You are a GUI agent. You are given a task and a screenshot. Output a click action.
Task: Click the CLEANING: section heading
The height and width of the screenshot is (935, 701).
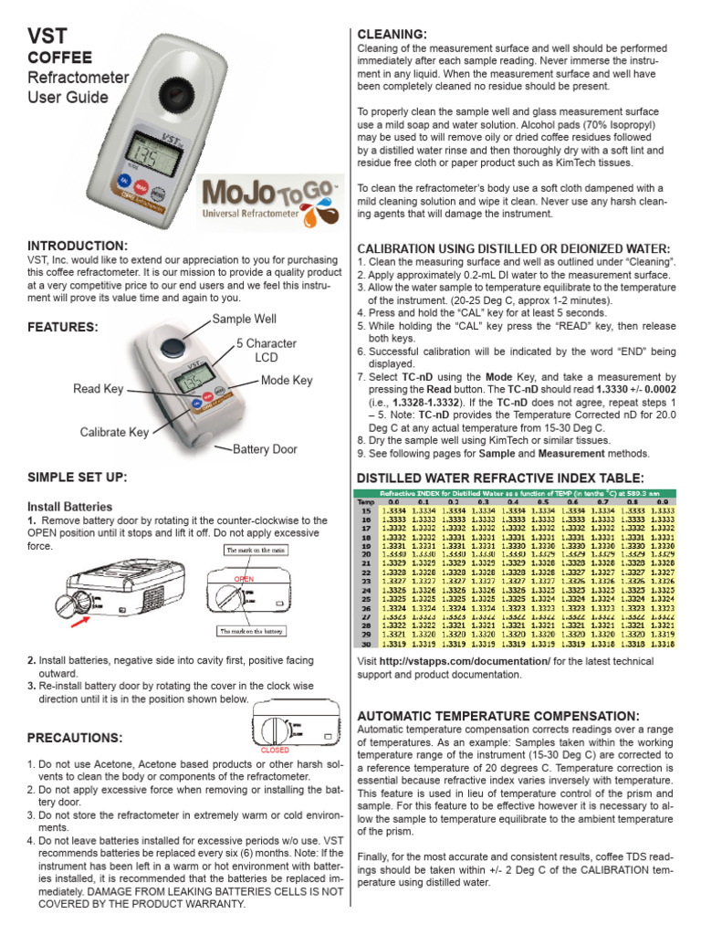point(392,35)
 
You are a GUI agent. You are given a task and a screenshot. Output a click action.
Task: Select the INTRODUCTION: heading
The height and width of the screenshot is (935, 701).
point(78,246)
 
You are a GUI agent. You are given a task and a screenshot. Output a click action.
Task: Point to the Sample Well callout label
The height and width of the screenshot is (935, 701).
point(244,319)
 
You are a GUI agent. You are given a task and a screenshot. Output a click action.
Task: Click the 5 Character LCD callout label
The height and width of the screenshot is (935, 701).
point(266,351)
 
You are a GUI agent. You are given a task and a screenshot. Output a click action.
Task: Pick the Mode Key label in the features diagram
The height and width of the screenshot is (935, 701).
point(287,380)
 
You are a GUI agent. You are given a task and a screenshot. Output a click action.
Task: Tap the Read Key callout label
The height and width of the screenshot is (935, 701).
point(99,389)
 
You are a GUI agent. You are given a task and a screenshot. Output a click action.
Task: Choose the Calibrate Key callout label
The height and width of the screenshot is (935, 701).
point(114,432)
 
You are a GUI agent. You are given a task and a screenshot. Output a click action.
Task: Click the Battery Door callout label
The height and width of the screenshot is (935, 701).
point(265,449)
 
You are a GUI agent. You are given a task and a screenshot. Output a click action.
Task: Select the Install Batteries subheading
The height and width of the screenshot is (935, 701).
point(70,506)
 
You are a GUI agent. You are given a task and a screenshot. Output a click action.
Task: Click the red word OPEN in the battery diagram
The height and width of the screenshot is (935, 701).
point(244,579)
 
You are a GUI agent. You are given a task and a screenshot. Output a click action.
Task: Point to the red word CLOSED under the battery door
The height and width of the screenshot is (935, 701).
point(275,749)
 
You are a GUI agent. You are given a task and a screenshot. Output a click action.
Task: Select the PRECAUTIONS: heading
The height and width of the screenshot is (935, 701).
point(74,737)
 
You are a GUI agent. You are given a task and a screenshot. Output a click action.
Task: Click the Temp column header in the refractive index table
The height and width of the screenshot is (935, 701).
point(365,502)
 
